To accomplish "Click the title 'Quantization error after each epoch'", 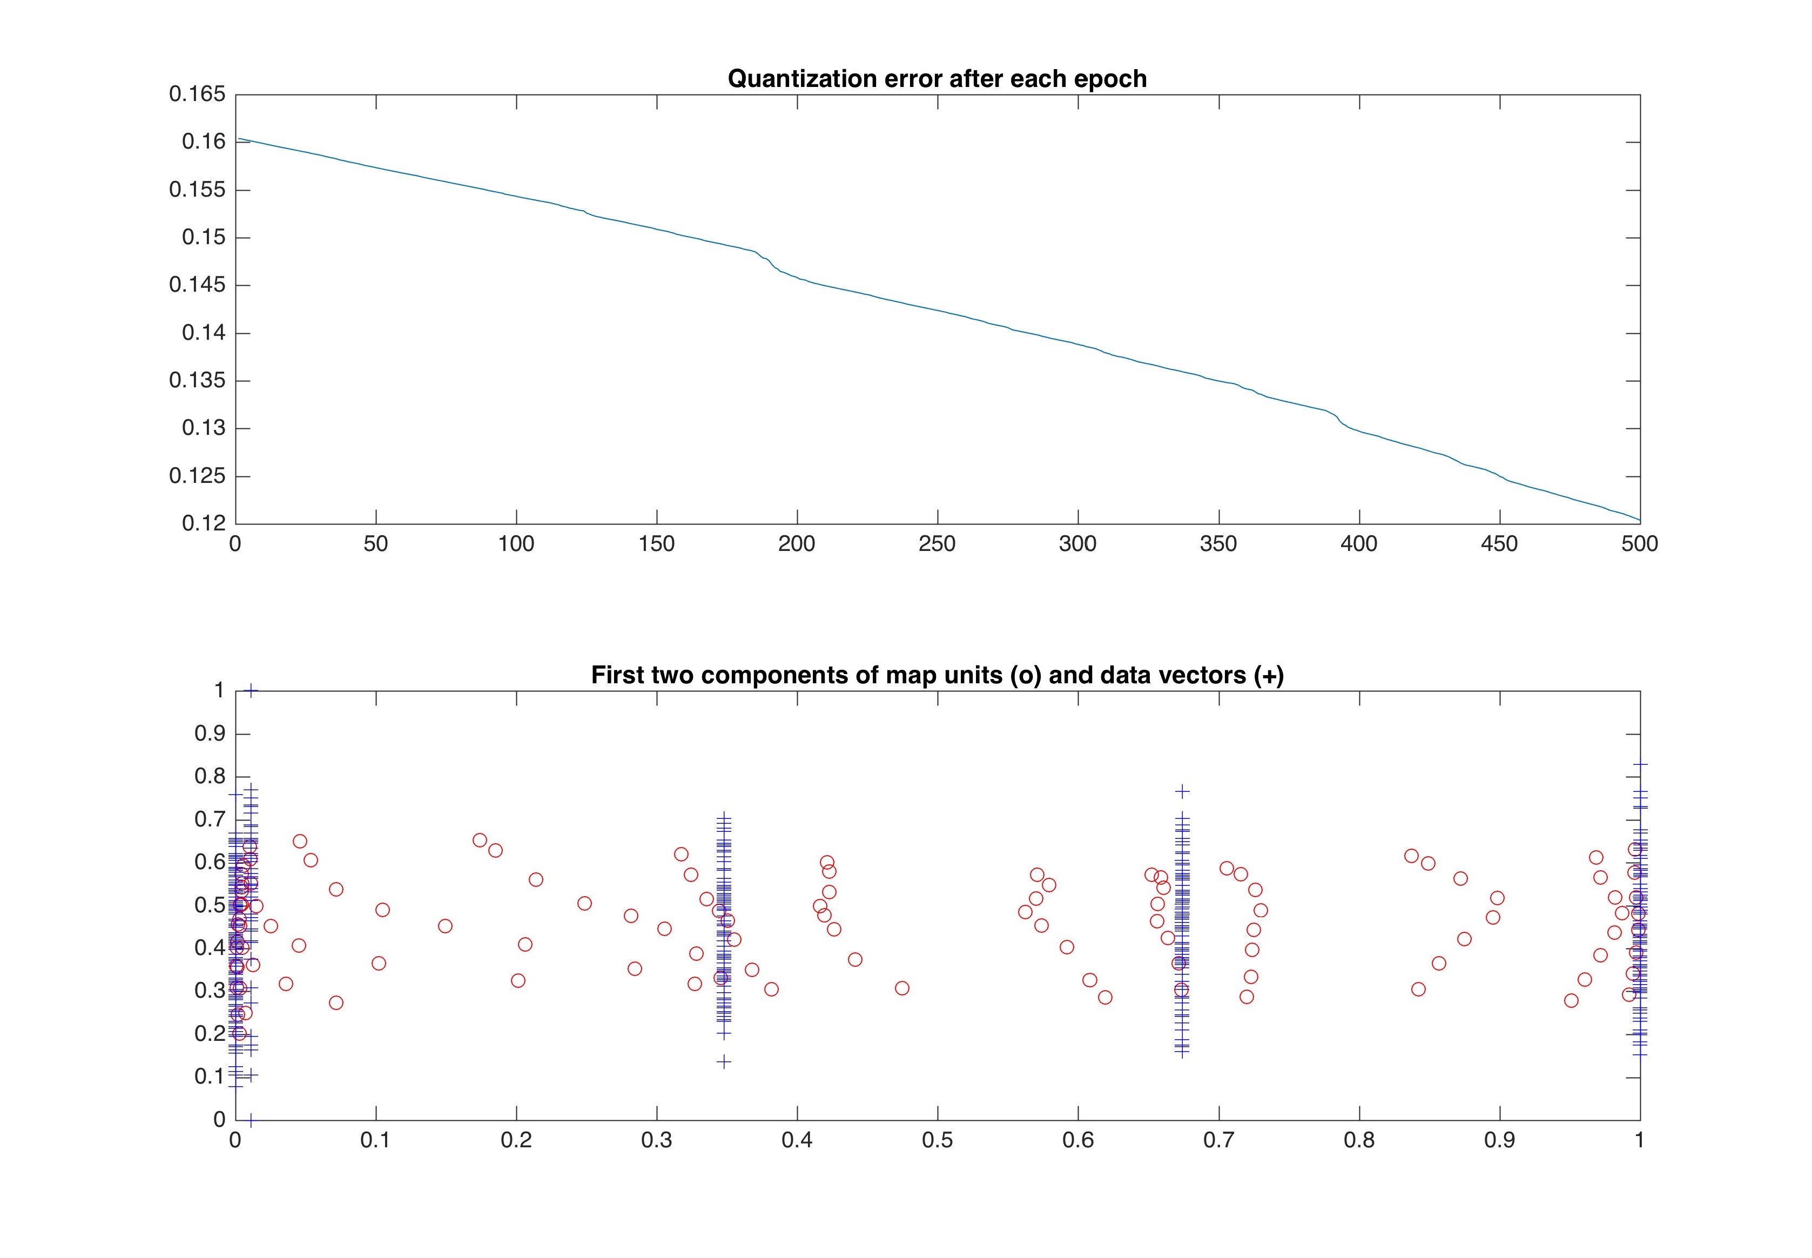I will pos(937,79).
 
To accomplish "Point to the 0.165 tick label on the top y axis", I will pos(197,95).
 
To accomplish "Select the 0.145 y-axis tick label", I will pos(197,285).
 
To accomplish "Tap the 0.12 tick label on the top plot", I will pos(204,523).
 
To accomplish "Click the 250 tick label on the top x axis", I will pos(937,544).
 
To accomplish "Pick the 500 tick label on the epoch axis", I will pos(1639,544).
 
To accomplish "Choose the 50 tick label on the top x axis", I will pos(376,544).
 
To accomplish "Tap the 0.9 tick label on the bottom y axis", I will pos(210,734).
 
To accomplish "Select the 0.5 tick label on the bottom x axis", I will pos(937,1141).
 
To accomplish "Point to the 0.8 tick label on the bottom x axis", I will pos(1359,1141).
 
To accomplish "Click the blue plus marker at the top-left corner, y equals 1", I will pos(251,690).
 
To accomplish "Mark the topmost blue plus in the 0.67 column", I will pos(1182,791).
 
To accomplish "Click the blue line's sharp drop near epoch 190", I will pos(769,260).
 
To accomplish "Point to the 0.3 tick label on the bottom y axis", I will pos(210,991).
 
